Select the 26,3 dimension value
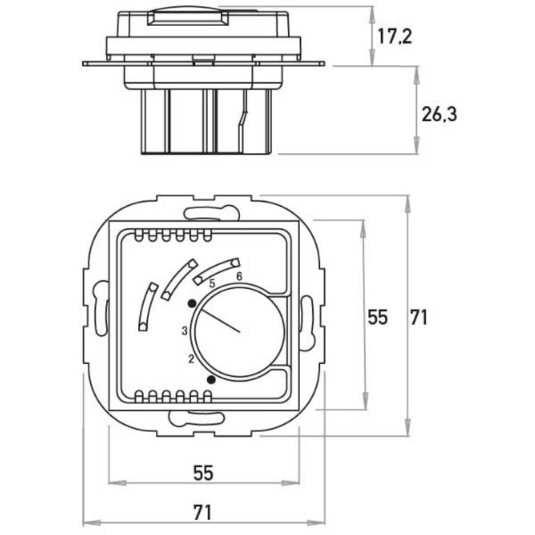point(439,115)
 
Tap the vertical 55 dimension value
point(377,317)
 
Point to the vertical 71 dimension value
point(418,317)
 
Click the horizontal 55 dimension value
point(203,473)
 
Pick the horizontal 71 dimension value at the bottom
point(203,511)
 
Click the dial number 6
point(239,276)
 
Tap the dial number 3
point(185,331)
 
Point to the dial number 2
point(191,358)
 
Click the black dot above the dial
point(191,304)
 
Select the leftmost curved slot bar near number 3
point(147,306)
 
